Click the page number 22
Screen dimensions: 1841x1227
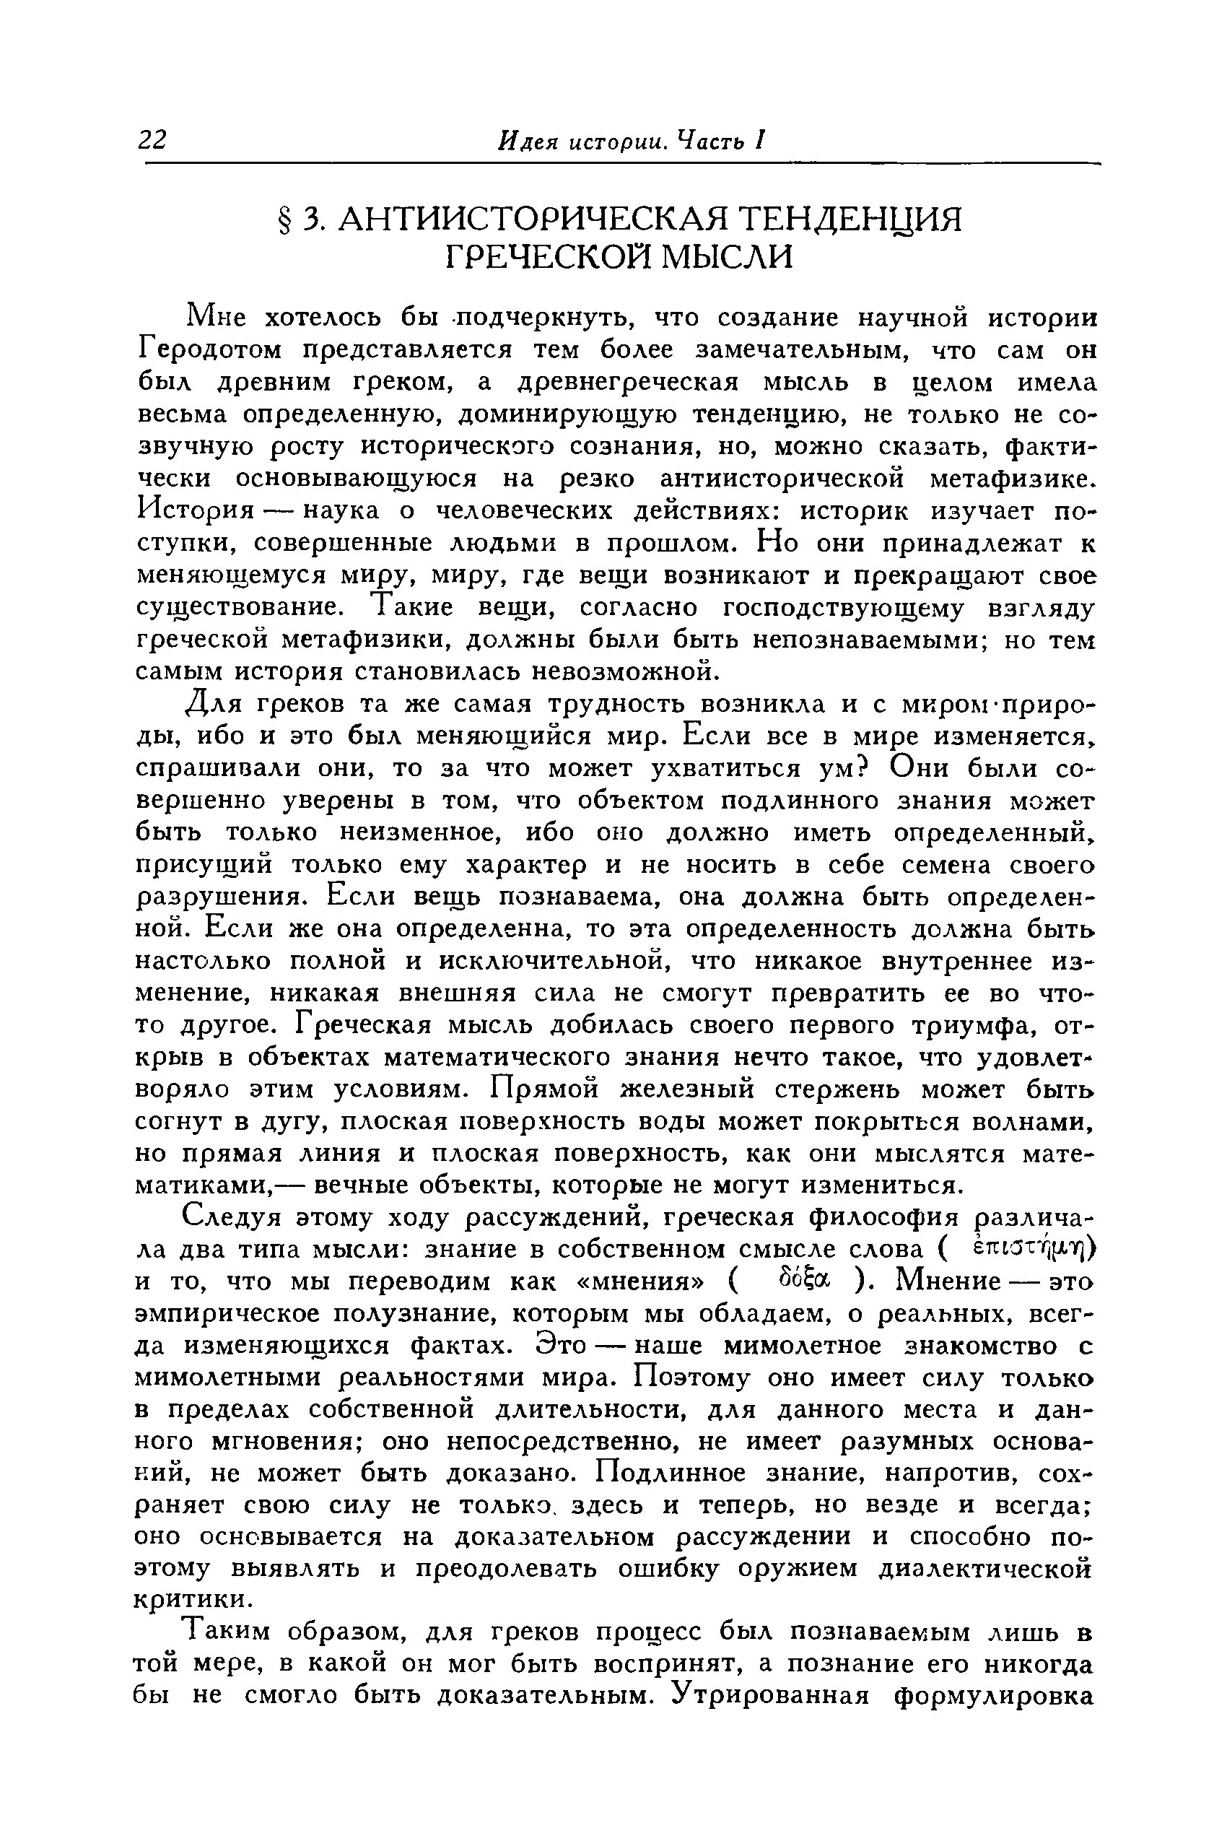(152, 139)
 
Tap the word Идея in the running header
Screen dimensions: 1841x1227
(526, 140)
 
